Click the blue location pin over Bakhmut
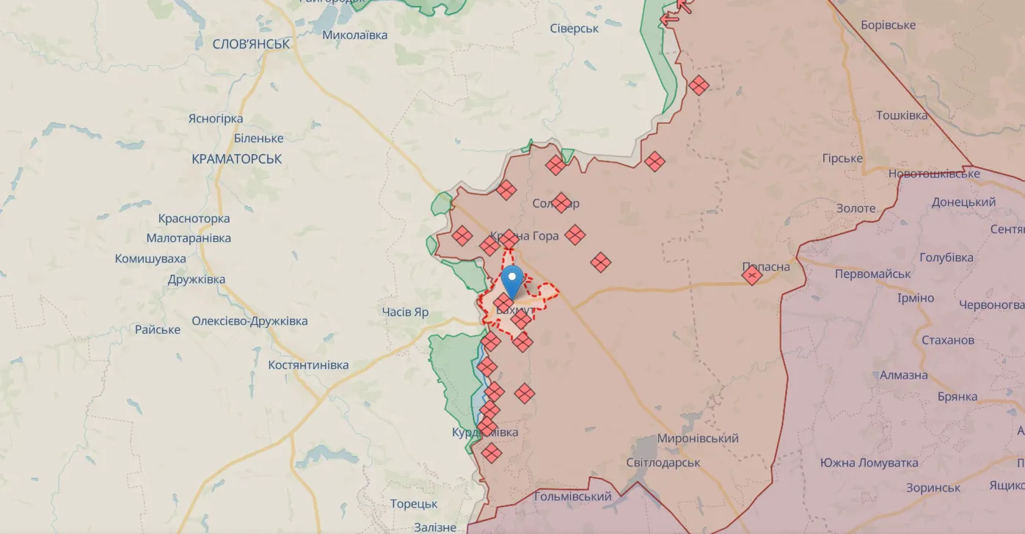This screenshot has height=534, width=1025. coord(512,279)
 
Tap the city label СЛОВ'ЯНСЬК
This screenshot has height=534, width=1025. coord(251,44)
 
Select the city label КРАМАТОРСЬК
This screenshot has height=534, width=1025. coord(236,159)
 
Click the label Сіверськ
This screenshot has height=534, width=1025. coord(574,29)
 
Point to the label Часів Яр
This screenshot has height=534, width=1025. coord(405,312)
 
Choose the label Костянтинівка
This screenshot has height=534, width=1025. coord(308,365)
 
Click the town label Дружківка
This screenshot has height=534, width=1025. coord(196,279)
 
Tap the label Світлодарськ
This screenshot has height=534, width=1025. coord(663,463)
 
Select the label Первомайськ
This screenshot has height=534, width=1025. coord(872,274)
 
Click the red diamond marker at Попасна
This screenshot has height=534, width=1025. coord(752,275)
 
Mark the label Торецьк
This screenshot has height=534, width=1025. coord(414,504)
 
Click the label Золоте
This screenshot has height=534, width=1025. coord(856,208)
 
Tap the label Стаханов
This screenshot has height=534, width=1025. coord(947,340)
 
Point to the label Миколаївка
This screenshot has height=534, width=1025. coord(354,34)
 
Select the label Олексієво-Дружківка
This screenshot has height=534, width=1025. coord(249,321)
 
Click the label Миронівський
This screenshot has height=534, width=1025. coord(697,439)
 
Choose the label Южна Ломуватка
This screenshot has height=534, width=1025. coord(869,463)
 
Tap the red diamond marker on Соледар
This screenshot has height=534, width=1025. coord(561,202)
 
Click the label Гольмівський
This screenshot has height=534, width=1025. coord(572,497)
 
